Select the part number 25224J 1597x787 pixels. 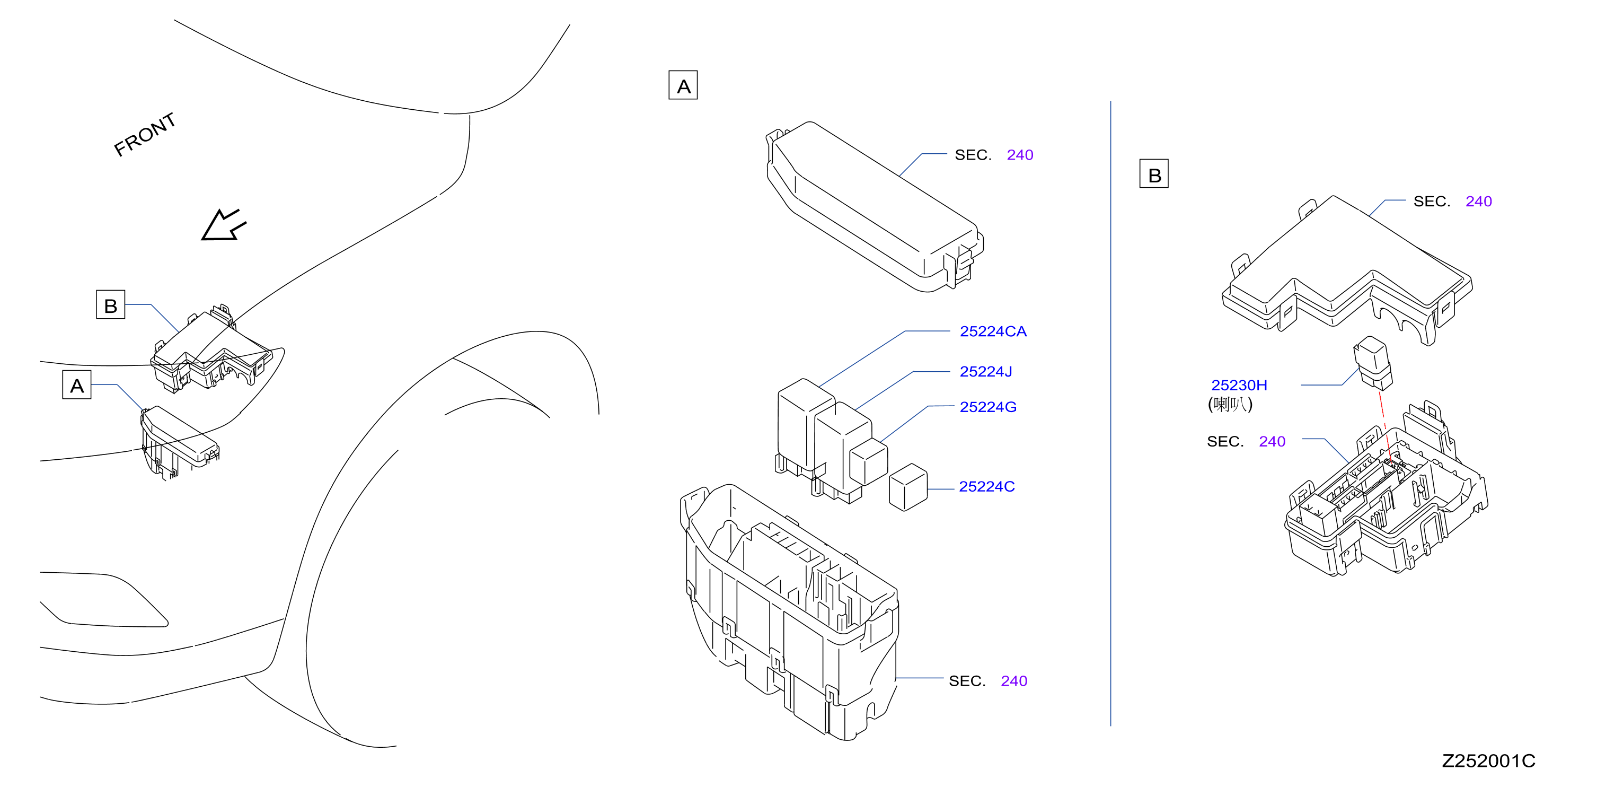[986, 371]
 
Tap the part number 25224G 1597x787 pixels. [987, 407]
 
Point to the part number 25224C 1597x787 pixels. [986, 487]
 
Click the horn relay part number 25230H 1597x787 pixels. [1239, 385]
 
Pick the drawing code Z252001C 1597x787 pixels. [1488, 761]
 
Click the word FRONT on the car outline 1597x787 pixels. [145, 135]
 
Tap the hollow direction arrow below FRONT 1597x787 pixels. [223, 225]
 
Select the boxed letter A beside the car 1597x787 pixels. [77, 385]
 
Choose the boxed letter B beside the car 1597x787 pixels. [110, 304]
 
